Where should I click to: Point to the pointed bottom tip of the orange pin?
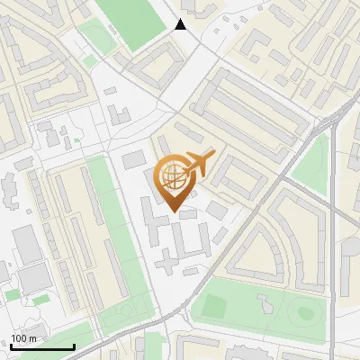(x=176, y=211)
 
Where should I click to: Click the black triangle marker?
(x=181, y=24)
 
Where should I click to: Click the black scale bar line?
(x=42, y=347)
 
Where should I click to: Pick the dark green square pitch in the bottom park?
(x=215, y=306)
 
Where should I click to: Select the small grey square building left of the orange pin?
(x=133, y=159)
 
